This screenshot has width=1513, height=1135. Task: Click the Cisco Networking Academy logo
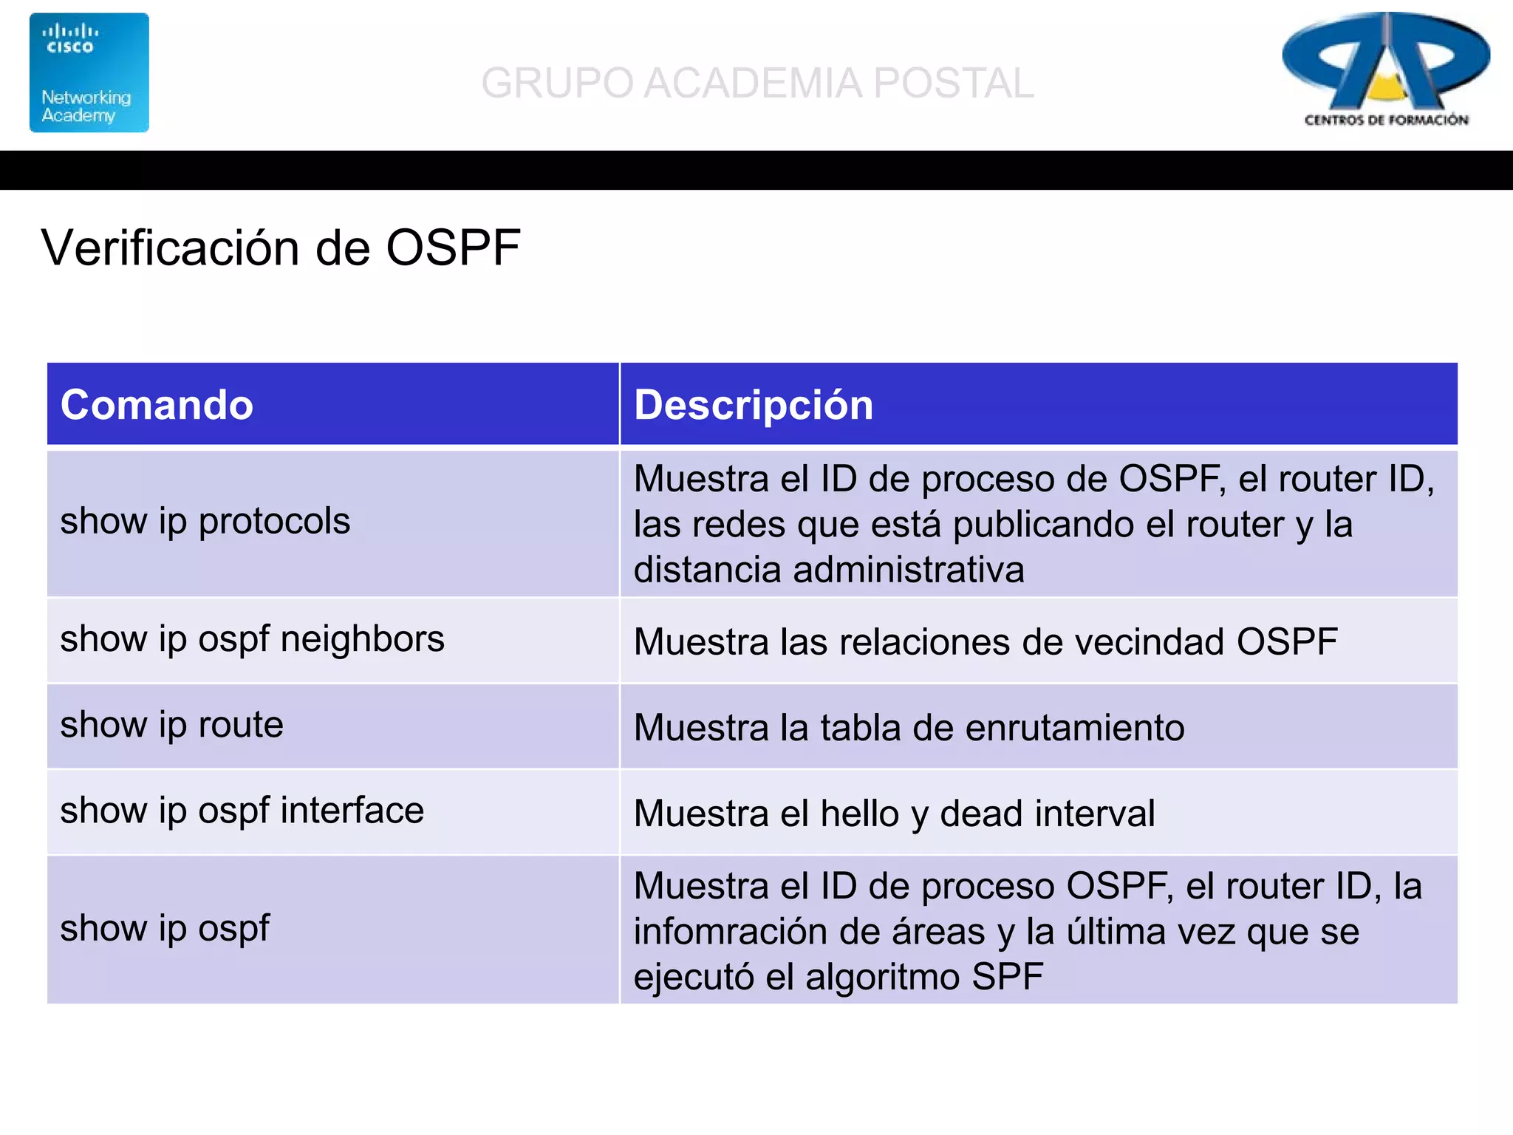89,72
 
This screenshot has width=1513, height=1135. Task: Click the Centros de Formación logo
1385,70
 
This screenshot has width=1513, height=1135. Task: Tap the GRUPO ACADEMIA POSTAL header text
757,83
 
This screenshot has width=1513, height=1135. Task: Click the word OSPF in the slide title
453,248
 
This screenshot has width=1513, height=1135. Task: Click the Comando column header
157,405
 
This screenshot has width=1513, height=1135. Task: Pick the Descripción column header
754,405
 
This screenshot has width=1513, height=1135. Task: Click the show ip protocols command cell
205,522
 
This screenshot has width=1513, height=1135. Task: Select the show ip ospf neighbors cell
252,639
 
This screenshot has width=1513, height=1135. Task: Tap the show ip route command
171,725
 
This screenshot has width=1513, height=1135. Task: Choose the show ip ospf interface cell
242,811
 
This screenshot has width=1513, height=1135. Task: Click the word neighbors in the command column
362,639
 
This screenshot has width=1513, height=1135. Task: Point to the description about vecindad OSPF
985,641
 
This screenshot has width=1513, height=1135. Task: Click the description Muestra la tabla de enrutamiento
909,728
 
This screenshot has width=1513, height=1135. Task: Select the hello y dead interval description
894,814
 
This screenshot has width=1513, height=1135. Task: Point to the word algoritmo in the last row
882,977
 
